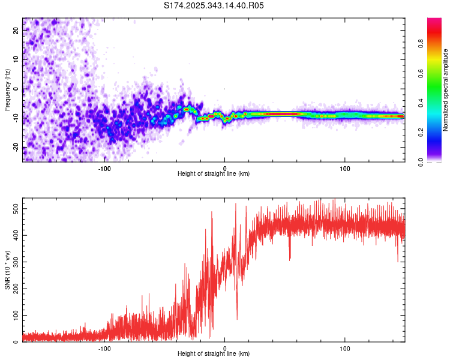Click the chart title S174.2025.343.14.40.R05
[214, 5]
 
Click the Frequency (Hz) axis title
[7, 90]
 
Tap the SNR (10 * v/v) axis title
[7, 271]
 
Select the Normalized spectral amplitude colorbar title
[446, 90]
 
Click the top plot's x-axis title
[214, 173]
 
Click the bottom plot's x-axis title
[214, 353]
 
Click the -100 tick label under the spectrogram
[105, 168]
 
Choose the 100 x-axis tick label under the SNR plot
[345, 348]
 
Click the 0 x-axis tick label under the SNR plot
[225, 348]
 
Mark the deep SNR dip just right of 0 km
[236, 318]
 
